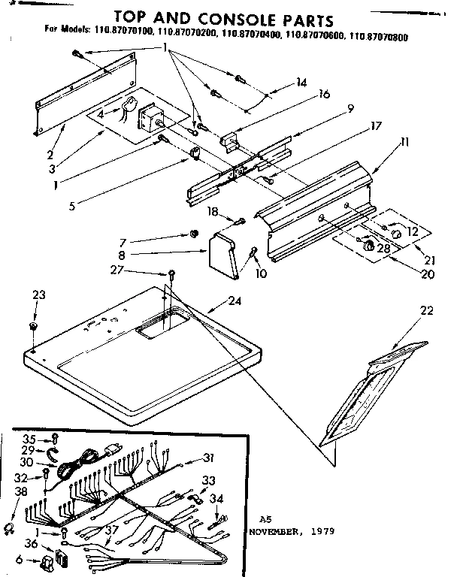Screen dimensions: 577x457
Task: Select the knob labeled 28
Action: [x=368, y=245]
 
